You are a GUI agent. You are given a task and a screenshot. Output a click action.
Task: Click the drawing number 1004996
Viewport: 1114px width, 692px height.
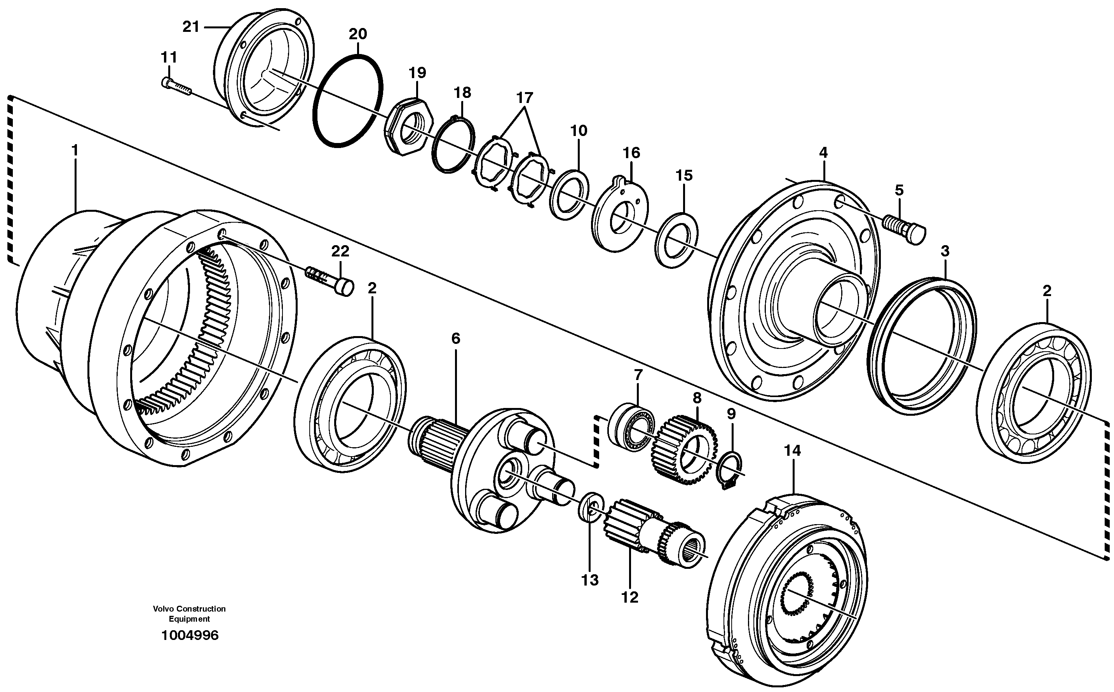[x=190, y=635]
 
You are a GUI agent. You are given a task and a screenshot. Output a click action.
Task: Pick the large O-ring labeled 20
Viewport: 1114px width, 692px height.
[x=348, y=101]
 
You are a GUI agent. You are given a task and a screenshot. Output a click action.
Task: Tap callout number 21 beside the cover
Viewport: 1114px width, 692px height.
[x=191, y=27]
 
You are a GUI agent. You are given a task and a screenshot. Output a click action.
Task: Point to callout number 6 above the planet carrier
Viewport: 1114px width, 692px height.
[x=455, y=339]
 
